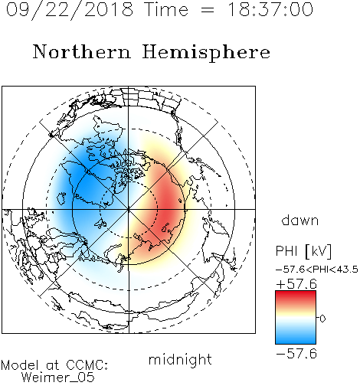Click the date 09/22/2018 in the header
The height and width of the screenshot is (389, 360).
pos(70,9)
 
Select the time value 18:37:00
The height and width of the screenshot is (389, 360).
pos(270,9)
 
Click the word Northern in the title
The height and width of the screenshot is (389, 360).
pos(82,51)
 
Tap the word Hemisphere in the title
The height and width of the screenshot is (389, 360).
pos(206,53)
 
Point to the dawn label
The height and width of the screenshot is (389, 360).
pos(300,220)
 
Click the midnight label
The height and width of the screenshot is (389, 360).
pos(180,360)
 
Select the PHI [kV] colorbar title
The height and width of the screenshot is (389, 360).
pos(303,251)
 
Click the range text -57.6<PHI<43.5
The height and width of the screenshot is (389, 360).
pos(317,270)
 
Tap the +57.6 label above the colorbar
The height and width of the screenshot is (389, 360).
pos(296,284)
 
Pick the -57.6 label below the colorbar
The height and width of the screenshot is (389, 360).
pos(296,354)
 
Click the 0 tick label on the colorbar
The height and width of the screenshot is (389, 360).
pos(322,319)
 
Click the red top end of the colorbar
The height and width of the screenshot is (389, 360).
pos(296,293)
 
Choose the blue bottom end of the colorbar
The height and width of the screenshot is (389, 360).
pos(296,342)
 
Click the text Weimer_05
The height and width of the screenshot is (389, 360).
pos(58,378)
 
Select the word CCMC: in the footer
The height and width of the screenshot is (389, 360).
pos(87,365)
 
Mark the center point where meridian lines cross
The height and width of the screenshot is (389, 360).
pos(129,210)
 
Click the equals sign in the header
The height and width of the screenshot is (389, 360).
pos(208,10)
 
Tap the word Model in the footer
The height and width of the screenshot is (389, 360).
pos(20,365)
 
